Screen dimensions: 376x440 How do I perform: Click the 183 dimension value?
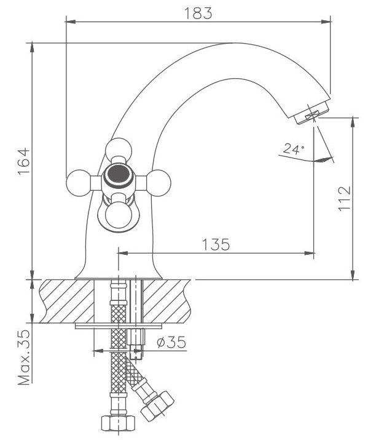[198, 13]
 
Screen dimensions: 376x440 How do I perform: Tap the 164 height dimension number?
[23, 161]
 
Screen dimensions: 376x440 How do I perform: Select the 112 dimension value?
[344, 198]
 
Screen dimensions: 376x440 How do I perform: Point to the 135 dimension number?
[216, 244]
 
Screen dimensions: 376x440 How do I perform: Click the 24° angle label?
[293, 149]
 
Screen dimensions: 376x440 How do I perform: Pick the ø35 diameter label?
[171, 342]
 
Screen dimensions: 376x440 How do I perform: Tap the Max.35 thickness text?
[24, 357]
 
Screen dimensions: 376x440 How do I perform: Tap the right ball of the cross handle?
[158, 183]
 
